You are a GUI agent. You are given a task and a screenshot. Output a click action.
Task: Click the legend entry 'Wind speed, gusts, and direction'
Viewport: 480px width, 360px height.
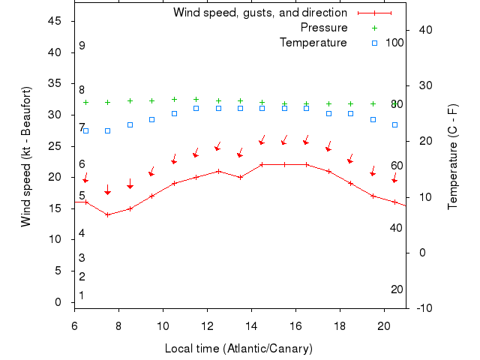pyautogui.click(x=259, y=13)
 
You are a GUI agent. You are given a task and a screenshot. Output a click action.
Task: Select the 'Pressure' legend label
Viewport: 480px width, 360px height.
pyautogui.click(x=323, y=28)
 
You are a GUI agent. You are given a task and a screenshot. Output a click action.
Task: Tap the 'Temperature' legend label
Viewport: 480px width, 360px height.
pyautogui.click(x=313, y=43)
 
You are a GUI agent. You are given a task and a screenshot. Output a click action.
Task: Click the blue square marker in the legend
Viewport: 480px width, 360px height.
pyautogui.click(x=373, y=43)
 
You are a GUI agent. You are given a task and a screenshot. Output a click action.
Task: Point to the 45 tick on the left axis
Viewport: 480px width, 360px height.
pyautogui.click(x=55, y=21)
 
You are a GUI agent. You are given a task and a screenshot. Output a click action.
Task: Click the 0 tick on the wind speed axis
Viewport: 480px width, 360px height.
pyautogui.click(x=58, y=302)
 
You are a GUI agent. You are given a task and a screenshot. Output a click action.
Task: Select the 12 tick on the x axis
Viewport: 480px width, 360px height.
pyautogui.click(x=207, y=325)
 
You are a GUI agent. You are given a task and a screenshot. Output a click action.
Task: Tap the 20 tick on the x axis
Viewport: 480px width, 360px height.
pyautogui.click(x=384, y=325)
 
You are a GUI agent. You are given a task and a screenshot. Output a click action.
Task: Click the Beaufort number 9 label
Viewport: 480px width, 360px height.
pyautogui.click(x=82, y=46)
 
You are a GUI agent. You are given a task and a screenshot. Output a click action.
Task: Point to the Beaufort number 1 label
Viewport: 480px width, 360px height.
pyautogui.click(x=82, y=295)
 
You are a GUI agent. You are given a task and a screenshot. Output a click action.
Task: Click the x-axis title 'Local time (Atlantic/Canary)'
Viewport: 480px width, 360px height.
pyautogui.click(x=238, y=349)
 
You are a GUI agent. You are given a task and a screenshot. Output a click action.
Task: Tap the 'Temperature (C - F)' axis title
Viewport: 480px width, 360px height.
pyautogui.click(x=453, y=157)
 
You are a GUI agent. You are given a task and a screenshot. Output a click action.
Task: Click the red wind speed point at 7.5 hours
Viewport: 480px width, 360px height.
pyautogui.click(x=107, y=214)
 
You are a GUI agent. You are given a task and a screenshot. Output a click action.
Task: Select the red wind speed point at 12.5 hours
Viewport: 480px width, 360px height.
pyautogui.click(x=218, y=171)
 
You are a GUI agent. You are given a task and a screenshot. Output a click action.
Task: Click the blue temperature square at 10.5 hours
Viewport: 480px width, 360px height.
pyautogui.click(x=174, y=114)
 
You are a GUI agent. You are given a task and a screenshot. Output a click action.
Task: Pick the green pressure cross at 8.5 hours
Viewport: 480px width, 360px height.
pyautogui.click(x=130, y=100)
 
